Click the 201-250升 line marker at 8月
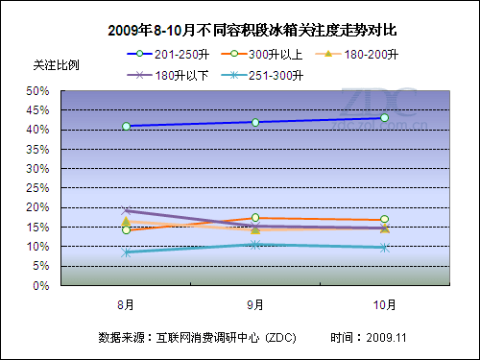(126, 126)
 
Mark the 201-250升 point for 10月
(384, 118)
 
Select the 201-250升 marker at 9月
(255, 122)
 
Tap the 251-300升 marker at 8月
(126, 252)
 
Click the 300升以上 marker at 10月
(384, 220)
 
